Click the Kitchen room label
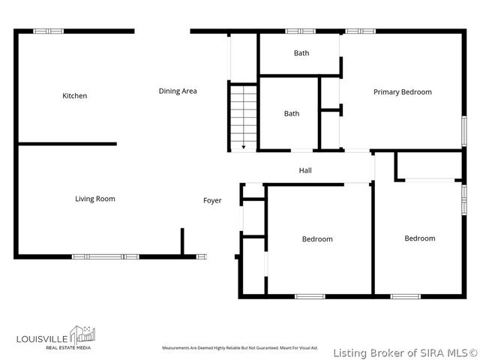point(74,96)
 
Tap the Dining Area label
point(178,91)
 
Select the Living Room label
point(94,199)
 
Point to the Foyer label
point(212,200)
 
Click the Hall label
point(305,171)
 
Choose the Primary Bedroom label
point(403,92)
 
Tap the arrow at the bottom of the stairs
point(243,147)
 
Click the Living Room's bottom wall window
point(105,256)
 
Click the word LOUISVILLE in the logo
point(41,334)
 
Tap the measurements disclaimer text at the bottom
point(240,349)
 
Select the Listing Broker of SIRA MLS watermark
point(405,352)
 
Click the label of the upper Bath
point(301,53)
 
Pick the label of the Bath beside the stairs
point(291,114)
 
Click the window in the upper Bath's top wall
point(301,31)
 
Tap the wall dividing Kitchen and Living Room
point(67,144)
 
